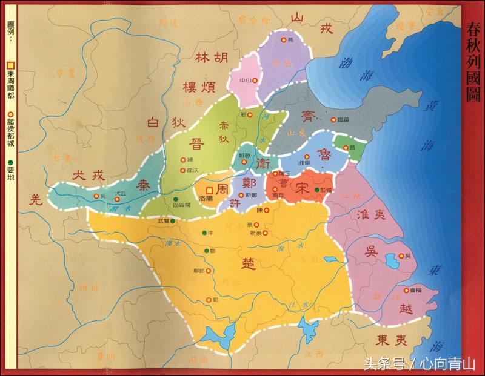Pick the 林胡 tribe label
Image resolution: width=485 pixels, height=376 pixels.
pyautogui.click(x=212, y=58)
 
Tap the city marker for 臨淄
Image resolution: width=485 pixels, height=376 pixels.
pyautogui.click(x=333, y=119)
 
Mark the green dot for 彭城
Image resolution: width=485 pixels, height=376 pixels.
pyautogui.click(x=317, y=190)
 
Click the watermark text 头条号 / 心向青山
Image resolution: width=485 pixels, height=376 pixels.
pyautogui.click(x=420, y=363)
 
